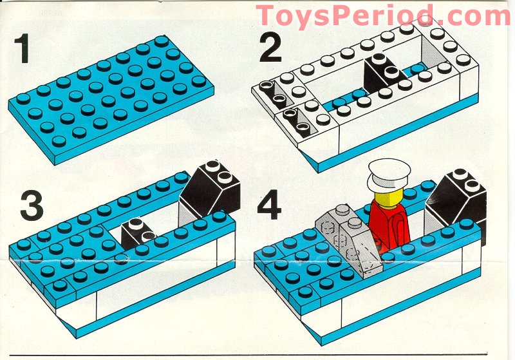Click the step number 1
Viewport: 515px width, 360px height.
tap(24, 50)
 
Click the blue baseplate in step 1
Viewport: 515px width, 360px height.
tap(106, 97)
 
